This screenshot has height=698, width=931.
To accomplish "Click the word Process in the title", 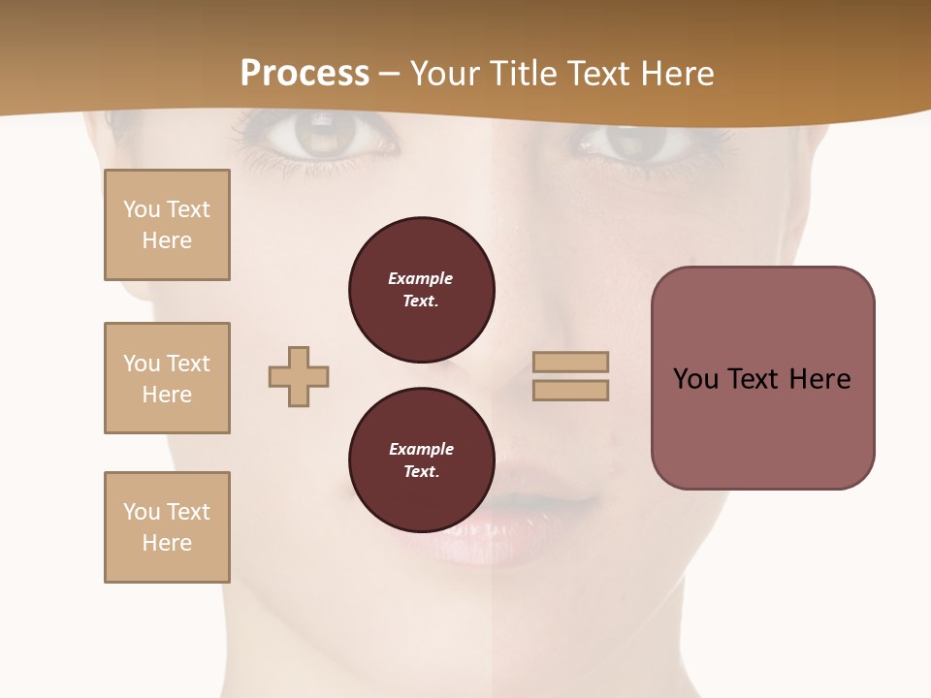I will tap(305, 74).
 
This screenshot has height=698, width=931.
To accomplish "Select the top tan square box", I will tap(167, 225).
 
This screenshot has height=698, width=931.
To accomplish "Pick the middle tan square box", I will tap(167, 378).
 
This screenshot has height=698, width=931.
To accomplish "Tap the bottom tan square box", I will tap(167, 527).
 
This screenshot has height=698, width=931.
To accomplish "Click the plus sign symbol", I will tap(299, 376).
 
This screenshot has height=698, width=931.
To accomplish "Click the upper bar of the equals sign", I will tap(570, 362).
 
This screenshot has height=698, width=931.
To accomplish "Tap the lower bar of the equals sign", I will tap(570, 390).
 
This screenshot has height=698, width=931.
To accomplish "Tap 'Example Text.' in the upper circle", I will tap(421, 289).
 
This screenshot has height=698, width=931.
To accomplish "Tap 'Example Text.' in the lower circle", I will tap(421, 460).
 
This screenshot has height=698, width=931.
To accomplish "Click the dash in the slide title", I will tap(390, 75).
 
